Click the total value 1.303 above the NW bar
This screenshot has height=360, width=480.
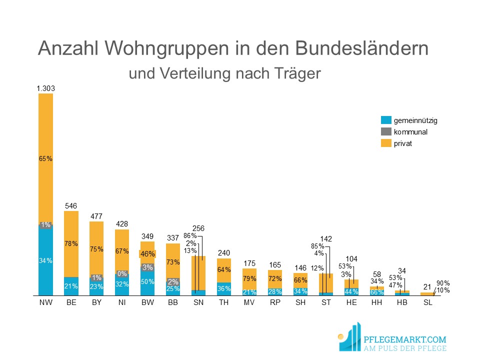click(x=45, y=88)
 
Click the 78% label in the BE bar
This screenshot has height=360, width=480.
click(x=71, y=243)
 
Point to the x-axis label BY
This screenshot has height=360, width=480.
click(x=96, y=303)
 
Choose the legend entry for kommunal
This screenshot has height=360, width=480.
click(x=410, y=132)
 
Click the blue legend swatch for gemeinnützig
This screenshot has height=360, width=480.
click(x=385, y=120)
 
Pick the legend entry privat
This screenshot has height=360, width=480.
click(x=403, y=143)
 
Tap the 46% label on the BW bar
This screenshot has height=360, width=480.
click(x=147, y=253)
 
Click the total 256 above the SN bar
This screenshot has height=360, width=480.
click(x=198, y=228)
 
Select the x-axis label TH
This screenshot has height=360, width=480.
click(x=224, y=303)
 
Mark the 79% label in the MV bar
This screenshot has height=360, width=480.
click(x=249, y=278)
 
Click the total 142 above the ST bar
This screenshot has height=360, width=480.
click(x=326, y=239)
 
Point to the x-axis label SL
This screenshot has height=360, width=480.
click(x=427, y=303)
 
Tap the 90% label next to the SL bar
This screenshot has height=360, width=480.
click(x=443, y=282)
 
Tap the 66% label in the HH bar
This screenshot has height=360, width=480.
click(x=377, y=292)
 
